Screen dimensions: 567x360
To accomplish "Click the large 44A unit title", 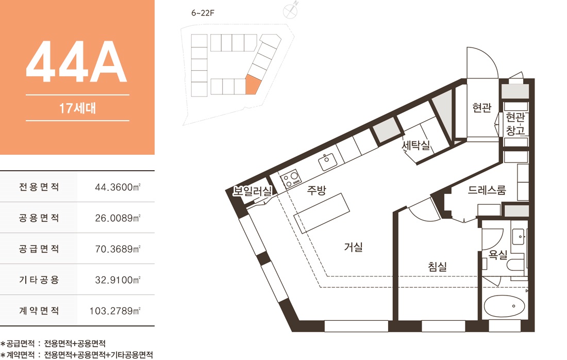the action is [x=76, y=62].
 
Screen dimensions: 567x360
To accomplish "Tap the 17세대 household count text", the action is [x=77, y=108].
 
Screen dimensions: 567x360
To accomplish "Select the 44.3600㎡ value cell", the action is [x=118, y=187].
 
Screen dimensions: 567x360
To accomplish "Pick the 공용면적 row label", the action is [x=39, y=218].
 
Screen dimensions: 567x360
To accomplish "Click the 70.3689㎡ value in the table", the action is [x=118, y=249].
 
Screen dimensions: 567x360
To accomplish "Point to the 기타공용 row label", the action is [x=39, y=280].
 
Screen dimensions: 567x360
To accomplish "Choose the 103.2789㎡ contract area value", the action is [x=115, y=311].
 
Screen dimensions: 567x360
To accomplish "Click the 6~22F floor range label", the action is [x=203, y=13].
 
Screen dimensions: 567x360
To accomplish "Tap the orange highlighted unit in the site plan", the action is [x=253, y=85].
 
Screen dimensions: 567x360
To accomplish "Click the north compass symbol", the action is [x=290, y=11].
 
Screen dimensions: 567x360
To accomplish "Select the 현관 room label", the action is [x=482, y=107].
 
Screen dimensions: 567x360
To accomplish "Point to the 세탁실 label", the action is [x=416, y=145].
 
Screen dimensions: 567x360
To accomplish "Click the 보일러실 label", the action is [x=252, y=191].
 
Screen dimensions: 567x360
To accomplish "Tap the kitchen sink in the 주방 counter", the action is [x=328, y=162].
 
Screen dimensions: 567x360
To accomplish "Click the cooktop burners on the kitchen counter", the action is [x=291, y=179].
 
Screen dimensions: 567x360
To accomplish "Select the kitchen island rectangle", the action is [x=322, y=213].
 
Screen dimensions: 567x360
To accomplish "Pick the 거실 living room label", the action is [x=353, y=247].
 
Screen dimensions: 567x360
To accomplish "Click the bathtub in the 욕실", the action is [x=504, y=306].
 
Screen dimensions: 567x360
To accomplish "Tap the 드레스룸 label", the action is [x=487, y=190].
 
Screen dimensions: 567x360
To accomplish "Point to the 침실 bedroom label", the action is [x=438, y=267].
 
